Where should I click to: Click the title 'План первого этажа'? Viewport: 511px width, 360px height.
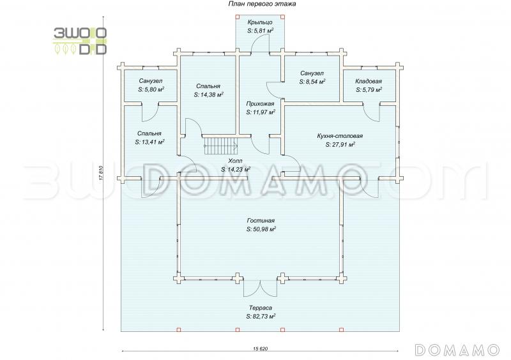point(258,4)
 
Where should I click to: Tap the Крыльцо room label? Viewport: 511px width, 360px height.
point(261,22)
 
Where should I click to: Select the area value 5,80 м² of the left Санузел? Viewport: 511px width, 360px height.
point(151,90)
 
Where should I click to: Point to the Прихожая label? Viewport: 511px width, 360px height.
point(261,103)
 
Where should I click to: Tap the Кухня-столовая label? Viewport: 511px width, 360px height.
point(340,136)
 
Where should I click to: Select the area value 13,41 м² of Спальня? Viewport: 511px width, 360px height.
point(150,142)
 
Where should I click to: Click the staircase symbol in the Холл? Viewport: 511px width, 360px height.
point(215,147)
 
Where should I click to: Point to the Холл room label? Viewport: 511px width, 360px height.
point(235,161)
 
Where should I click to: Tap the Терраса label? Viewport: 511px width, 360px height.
point(261,308)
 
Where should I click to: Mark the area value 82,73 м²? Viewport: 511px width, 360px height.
point(261,316)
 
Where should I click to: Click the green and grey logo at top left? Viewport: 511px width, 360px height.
point(80,40)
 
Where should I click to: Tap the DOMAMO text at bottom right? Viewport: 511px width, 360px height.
point(457,349)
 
